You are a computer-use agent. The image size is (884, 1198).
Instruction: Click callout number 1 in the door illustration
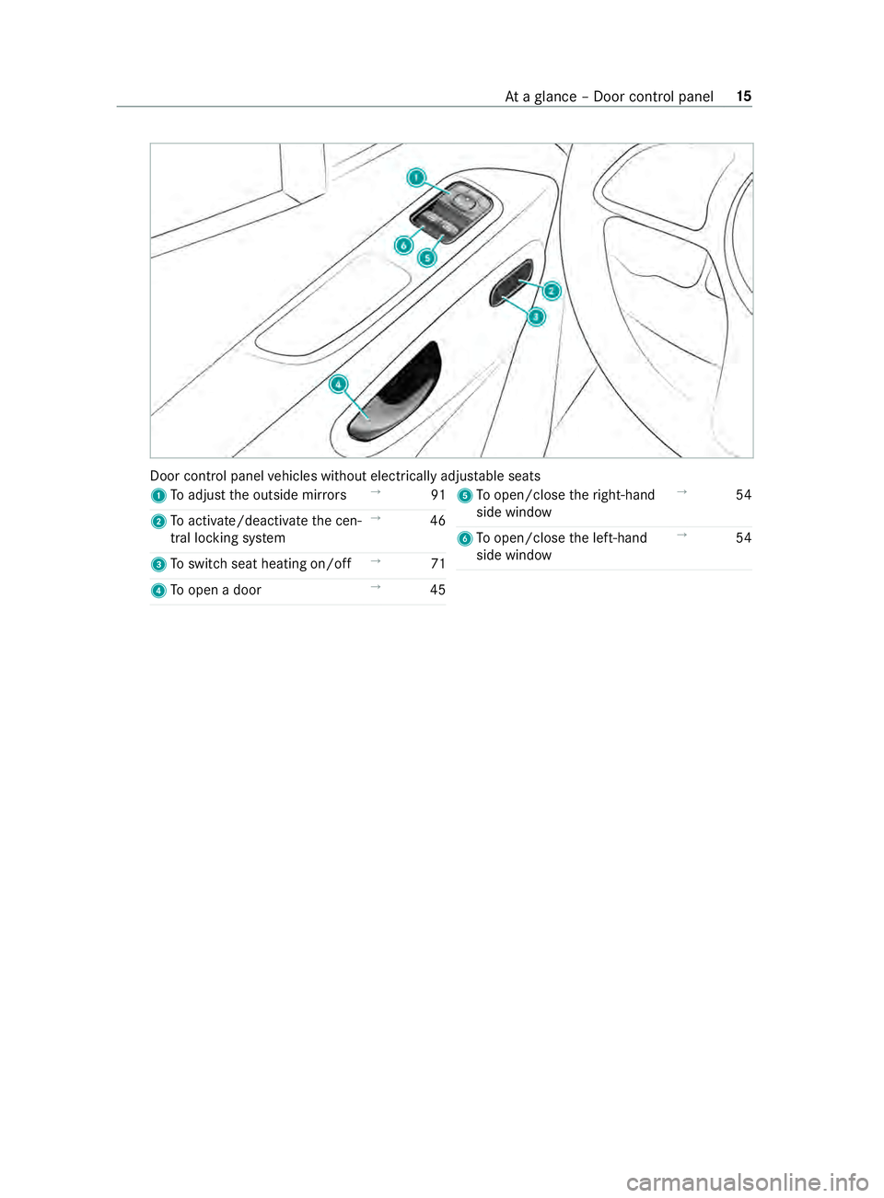pyautogui.click(x=417, y=178)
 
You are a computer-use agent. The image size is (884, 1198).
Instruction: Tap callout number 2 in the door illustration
pyautogui.click(x=551, y=291)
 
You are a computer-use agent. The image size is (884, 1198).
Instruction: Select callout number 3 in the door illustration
pyautogui.click(x=536, y=317)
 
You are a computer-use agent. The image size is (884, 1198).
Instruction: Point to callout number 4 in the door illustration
pyautogui.click(x=339, y=384)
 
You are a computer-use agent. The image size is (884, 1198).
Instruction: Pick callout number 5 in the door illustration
pyautogui.click(x=426, y=257)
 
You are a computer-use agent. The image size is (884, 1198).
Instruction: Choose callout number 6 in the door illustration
pyautogui.click(x=403, y=246)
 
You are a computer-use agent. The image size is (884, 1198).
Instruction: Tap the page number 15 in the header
pyautogui.click(x=744, y=97)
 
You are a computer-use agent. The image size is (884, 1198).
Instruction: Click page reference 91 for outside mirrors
pyautogui.click(x=437, y=495)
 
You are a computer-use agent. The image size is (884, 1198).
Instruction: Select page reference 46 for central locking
pyautogui.click(x=437, y=521)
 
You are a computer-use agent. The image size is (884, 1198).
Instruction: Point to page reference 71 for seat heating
pyautogui.click(x=437, y=564)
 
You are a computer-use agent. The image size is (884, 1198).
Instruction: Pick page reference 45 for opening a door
pyautogui.click(x=437, y=590)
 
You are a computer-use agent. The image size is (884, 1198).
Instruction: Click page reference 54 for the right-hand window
pyautogui.click(x=743, y=495)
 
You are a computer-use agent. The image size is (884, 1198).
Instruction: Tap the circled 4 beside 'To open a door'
pyautogui.click(x=158, y=591)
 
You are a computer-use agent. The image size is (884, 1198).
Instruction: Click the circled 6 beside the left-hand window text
pyautogui.click(x=464, y=538)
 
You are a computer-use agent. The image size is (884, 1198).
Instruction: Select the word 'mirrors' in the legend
pyautogui.click(x=324, y=495)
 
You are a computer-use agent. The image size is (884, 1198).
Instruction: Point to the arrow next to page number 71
pyautogui.click(x=376, y=560)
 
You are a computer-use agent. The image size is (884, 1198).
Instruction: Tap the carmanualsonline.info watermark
pyautogui.click(x=747, y=1181)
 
